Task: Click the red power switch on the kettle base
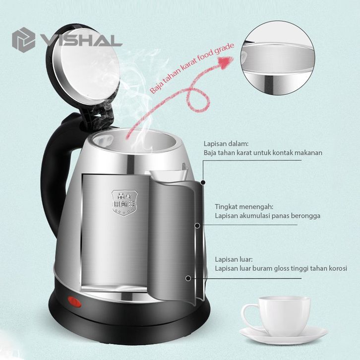click(74, 301)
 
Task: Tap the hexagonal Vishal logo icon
click(23, 40)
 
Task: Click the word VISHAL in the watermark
click(81, 41)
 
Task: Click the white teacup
click(276, 316)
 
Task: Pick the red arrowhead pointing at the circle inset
click(226, 62)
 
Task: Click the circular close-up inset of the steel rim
click(278, 58)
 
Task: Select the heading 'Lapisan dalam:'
click(226, 144)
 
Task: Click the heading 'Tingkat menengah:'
click(244, 207)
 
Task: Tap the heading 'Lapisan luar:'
click(234, 259)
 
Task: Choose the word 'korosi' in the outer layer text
click(338, 268)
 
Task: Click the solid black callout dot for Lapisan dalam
click(203, 182)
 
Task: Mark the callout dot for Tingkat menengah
click(197, 226)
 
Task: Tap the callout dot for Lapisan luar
click(188, 279)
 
